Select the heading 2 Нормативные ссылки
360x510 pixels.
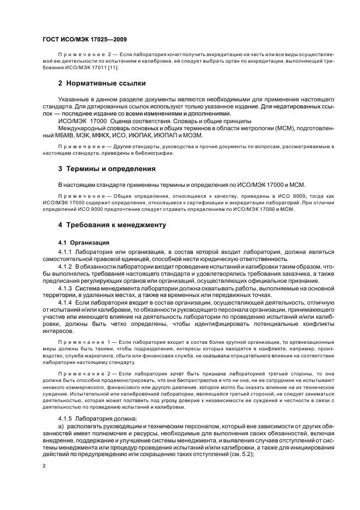coord(102,83)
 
